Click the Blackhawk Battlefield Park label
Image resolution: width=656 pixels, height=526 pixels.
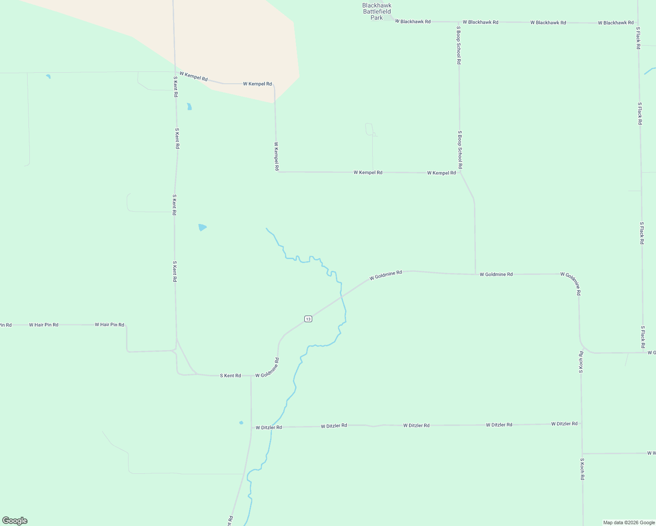point(377,11)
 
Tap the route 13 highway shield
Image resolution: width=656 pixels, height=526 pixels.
point(308,319)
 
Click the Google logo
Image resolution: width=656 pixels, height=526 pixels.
point(15,521)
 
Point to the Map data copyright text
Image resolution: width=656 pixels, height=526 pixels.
point(628,522)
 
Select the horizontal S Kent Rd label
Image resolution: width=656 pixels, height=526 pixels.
point(230,376)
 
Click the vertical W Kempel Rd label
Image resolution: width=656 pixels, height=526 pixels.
point(277,156)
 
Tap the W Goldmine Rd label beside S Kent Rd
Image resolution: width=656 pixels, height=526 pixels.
point(267,368)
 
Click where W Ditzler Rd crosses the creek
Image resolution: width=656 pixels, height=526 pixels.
point(271,427)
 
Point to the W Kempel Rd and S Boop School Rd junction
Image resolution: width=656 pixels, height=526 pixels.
point(460,173)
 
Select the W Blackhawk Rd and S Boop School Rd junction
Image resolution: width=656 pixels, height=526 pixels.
point(458,22)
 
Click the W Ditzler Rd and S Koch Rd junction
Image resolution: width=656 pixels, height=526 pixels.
point(582,424)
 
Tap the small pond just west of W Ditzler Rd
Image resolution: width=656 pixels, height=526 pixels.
point(241,423)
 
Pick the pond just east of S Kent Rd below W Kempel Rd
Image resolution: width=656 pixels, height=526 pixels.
point(189,107)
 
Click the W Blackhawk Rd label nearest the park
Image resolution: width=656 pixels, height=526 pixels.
point(413,21)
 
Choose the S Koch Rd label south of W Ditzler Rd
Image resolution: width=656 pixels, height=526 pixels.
point(582,469)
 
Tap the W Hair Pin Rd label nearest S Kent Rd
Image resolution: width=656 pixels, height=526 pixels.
point(110,325)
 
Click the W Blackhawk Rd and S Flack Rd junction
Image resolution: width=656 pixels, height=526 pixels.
point(638,23)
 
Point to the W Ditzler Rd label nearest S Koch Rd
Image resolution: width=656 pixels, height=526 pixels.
point(564,424)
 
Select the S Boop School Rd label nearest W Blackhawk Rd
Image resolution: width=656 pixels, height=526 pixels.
point(459,45)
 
